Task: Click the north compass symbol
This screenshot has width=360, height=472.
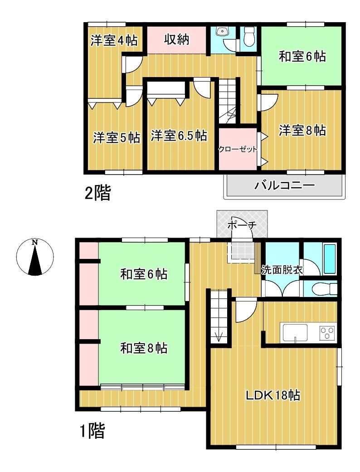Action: coord(35,257)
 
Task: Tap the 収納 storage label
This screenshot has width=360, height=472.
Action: coord(176,39)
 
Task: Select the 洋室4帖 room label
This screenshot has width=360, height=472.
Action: coord(114,40)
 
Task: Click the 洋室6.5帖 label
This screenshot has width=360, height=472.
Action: coord(179,136)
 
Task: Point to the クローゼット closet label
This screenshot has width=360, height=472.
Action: coord(238,149)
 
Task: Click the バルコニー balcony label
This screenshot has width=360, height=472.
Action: coord(284,185)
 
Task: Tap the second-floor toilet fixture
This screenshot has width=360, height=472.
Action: coord(249,37)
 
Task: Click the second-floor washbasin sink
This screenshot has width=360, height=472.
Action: coord(223,31)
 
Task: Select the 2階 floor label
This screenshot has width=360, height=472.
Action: coord(98,193)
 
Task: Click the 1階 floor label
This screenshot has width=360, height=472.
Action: coord(92,431)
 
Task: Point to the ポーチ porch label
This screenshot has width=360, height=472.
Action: coord(242,225)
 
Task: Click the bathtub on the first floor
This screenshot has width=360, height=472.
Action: coord(330,259)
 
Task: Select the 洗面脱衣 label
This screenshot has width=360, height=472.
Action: coord(282,270)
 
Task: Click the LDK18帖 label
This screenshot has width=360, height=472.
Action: coord(273,395)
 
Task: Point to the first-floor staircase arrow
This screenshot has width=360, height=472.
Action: coord(219,336)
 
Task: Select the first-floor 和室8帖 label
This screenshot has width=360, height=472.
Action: coord(144,348)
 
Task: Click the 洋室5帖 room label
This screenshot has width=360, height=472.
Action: coord(117,137)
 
